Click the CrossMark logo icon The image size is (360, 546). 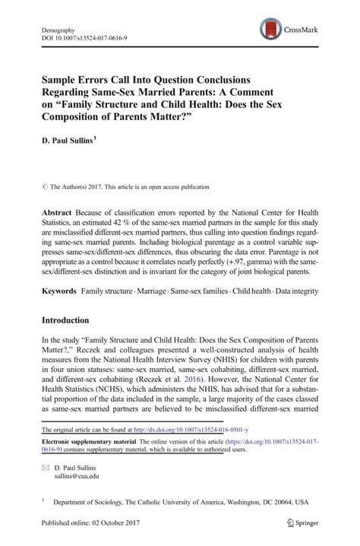[x=267, y=30]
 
